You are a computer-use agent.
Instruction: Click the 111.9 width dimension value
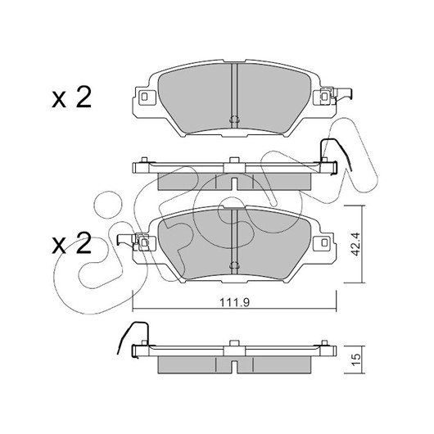click(234, 302)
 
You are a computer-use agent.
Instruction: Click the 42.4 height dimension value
click(355, 244)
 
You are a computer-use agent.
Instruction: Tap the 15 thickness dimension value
click(356, 359)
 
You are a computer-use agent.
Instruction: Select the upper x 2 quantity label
click(72, 97)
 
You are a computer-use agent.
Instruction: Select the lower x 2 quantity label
click(72, 243)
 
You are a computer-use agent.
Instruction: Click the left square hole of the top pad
click(144, 97)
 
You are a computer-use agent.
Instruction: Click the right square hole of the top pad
click(324, 97)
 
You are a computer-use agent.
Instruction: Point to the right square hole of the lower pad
click(324, 242)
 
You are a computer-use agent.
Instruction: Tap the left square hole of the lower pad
click(144, 242)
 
